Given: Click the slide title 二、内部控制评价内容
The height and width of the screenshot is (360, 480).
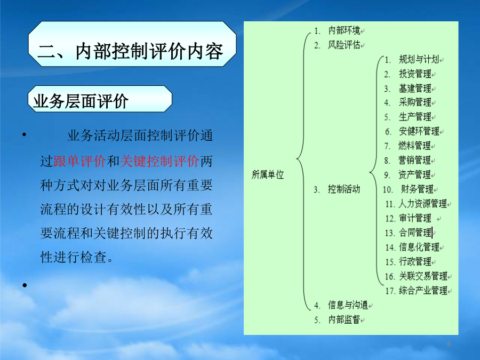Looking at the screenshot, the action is (x=131, y=51).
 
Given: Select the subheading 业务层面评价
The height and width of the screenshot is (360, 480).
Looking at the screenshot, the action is (x=81, y=101).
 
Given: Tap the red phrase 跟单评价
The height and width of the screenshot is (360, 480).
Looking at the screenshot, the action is (x=79, y=161).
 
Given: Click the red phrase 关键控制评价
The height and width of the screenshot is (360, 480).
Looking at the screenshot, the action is (x=159, y=161).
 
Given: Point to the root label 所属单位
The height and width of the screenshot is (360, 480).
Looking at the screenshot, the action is (x=268, y=174).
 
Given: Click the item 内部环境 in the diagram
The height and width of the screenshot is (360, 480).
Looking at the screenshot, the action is (x=344, y=30).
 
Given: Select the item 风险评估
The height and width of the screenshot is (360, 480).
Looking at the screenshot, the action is (x=344, y=45).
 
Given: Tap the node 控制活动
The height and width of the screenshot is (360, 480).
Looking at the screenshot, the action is (x=344, y=189).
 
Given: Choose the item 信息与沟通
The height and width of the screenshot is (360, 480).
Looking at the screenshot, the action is (x=348, y=305).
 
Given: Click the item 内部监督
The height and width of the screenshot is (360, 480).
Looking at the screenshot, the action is (x=344, y=319).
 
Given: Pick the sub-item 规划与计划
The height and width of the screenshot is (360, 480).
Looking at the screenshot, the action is (x=419, y=59).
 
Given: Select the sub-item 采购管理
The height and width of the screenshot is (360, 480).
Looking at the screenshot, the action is (x=415, y=102).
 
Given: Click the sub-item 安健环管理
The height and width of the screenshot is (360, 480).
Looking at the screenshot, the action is (x=419, y=131).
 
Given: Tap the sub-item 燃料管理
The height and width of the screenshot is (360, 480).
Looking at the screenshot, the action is (x=414, y=146).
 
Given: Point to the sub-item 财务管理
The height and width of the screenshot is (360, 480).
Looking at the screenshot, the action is (x=417, y=189).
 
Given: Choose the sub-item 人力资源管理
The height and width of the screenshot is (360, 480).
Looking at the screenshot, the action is (x=422, y=204).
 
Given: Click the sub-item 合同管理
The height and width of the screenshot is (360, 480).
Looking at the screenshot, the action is (x=415, y=233).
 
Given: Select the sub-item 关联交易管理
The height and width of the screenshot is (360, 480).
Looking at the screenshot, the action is (x=423, y=276).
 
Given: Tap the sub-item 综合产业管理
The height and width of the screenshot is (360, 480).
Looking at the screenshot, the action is (x=423, y=291).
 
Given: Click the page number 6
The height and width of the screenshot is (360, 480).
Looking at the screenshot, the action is (x=449, y=343).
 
